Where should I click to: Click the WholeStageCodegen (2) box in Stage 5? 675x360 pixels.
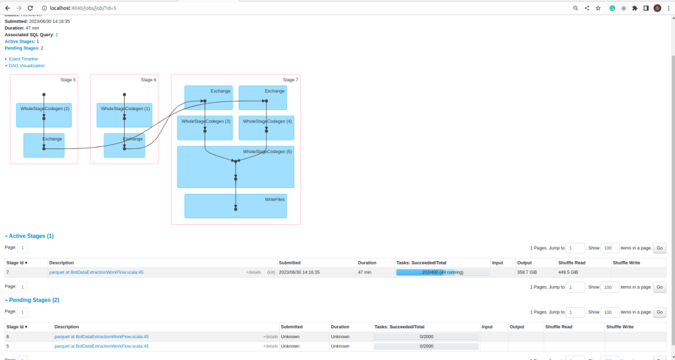click(x=44, y=115)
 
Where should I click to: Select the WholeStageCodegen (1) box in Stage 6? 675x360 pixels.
click(x=125, y=115)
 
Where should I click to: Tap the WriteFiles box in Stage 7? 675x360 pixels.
click(x=236, y=206)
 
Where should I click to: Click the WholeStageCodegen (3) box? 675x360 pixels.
click(x=205, y=127)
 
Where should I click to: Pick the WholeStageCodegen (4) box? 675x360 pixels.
click(x=266, y=127)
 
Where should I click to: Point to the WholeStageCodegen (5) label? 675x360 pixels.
click(x=267, y=152)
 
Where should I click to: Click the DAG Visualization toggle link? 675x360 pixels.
click(x=26, y=66)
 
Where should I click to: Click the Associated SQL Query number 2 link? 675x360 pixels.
click(x=57, y=34)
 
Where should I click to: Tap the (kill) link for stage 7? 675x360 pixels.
click(x=271, y=272)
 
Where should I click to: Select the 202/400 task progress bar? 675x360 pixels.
click(x=442, y=272)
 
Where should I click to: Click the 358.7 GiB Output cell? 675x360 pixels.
click(x=527, y=272)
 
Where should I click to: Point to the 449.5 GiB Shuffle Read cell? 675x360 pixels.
click(x=568, y=272)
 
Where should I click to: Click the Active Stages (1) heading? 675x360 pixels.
click(x=31, y=235)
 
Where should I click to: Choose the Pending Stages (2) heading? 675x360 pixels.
click(x=34, y=299)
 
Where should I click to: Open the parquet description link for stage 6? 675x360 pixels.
click(x=102, y=336)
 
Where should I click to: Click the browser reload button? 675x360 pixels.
click(x=30, y=8)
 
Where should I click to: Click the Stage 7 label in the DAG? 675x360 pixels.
click(x=290, y=80)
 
